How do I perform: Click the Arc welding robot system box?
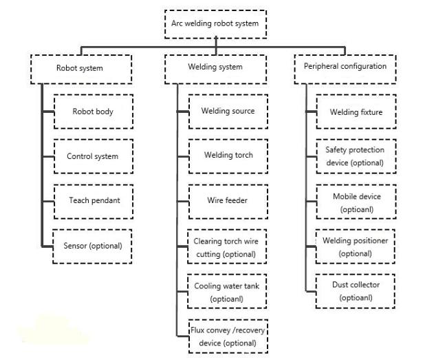pos(215,24)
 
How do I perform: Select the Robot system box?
pos(81,70)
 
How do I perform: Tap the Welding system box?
pos(215,70)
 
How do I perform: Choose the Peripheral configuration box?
pos(345,70)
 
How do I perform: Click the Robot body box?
pos(94,112)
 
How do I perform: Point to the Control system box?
pos(94,156)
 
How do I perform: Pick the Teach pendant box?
pos(94,202)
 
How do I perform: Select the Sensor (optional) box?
pos(92,246)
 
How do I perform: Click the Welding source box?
pos(228,112)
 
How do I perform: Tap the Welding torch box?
pos(228,156)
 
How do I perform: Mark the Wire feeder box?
pos(228,202)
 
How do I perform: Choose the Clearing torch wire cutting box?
pos(227,246)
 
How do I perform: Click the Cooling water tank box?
pos(227,291)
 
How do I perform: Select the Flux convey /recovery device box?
pos(228,337)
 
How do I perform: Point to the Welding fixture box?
pos(356,112)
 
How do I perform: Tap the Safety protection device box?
pos(356,156)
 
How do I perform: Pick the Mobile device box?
pos(356,202)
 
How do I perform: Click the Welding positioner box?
pos(356,246)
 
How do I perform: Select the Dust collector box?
pos(356,291)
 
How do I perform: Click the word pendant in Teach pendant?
pos(106,200)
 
